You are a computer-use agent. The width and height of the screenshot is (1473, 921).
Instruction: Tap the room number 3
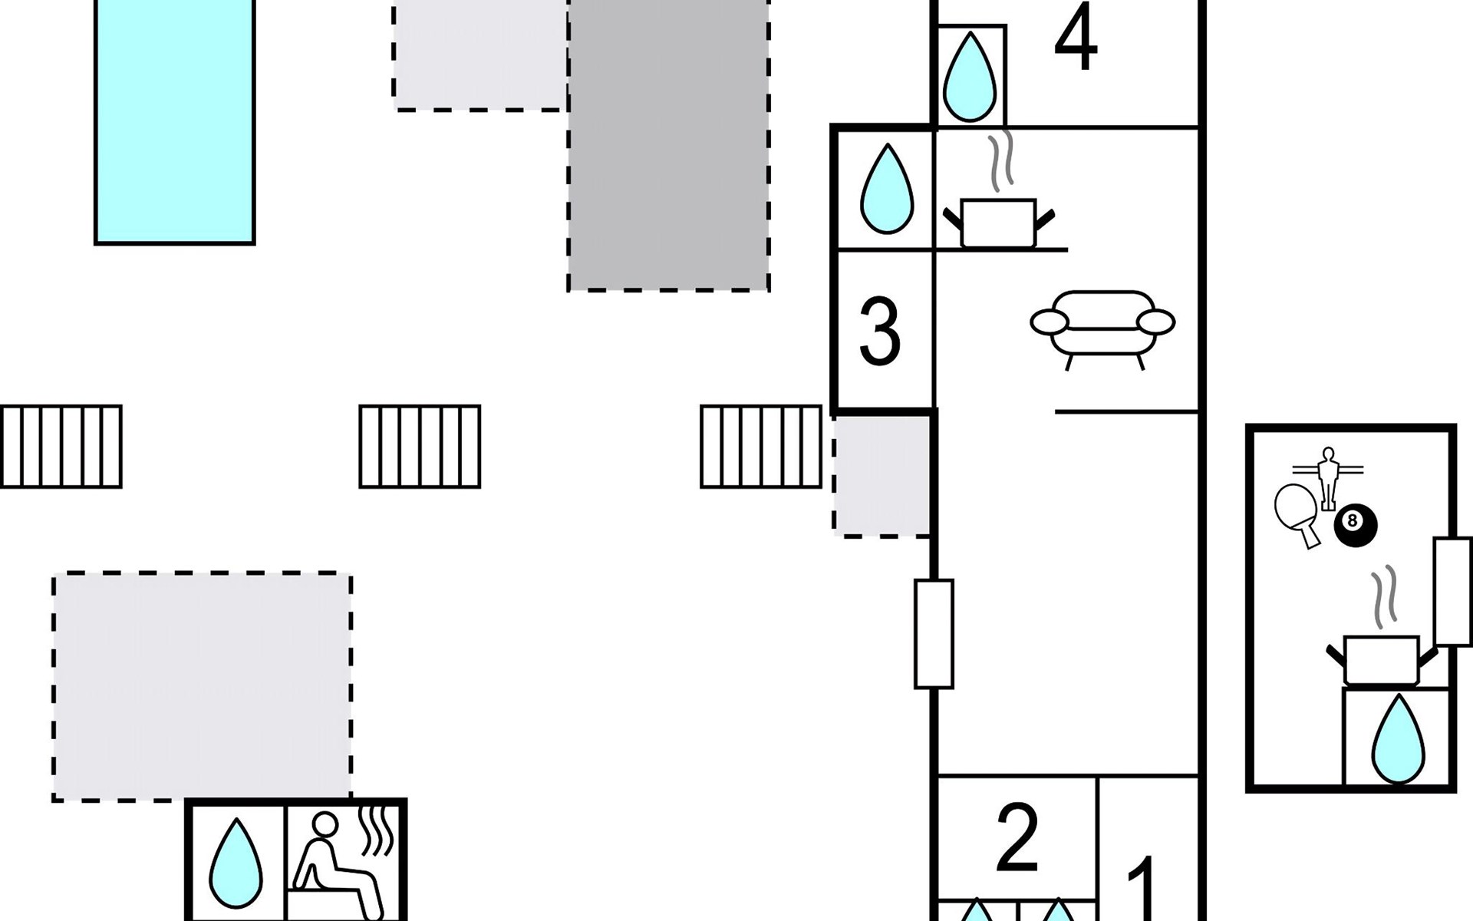(879, 332)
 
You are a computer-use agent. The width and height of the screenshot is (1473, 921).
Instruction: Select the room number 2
(1017, 838)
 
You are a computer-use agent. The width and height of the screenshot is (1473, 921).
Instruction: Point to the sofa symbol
(1102, 326)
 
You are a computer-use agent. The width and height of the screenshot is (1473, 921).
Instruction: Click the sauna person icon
(338, 863)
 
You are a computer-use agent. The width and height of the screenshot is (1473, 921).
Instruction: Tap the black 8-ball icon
(1355, 523)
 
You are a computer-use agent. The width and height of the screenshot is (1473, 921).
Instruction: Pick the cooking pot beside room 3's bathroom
(998, 219)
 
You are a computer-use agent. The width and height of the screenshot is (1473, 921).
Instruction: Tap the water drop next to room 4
(969, 77)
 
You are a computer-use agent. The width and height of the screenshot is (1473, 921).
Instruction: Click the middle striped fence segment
(420, 447)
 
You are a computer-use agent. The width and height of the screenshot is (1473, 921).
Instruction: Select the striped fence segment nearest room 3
(761, 447)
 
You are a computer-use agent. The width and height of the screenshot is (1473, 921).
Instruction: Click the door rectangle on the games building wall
(1452, 591)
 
